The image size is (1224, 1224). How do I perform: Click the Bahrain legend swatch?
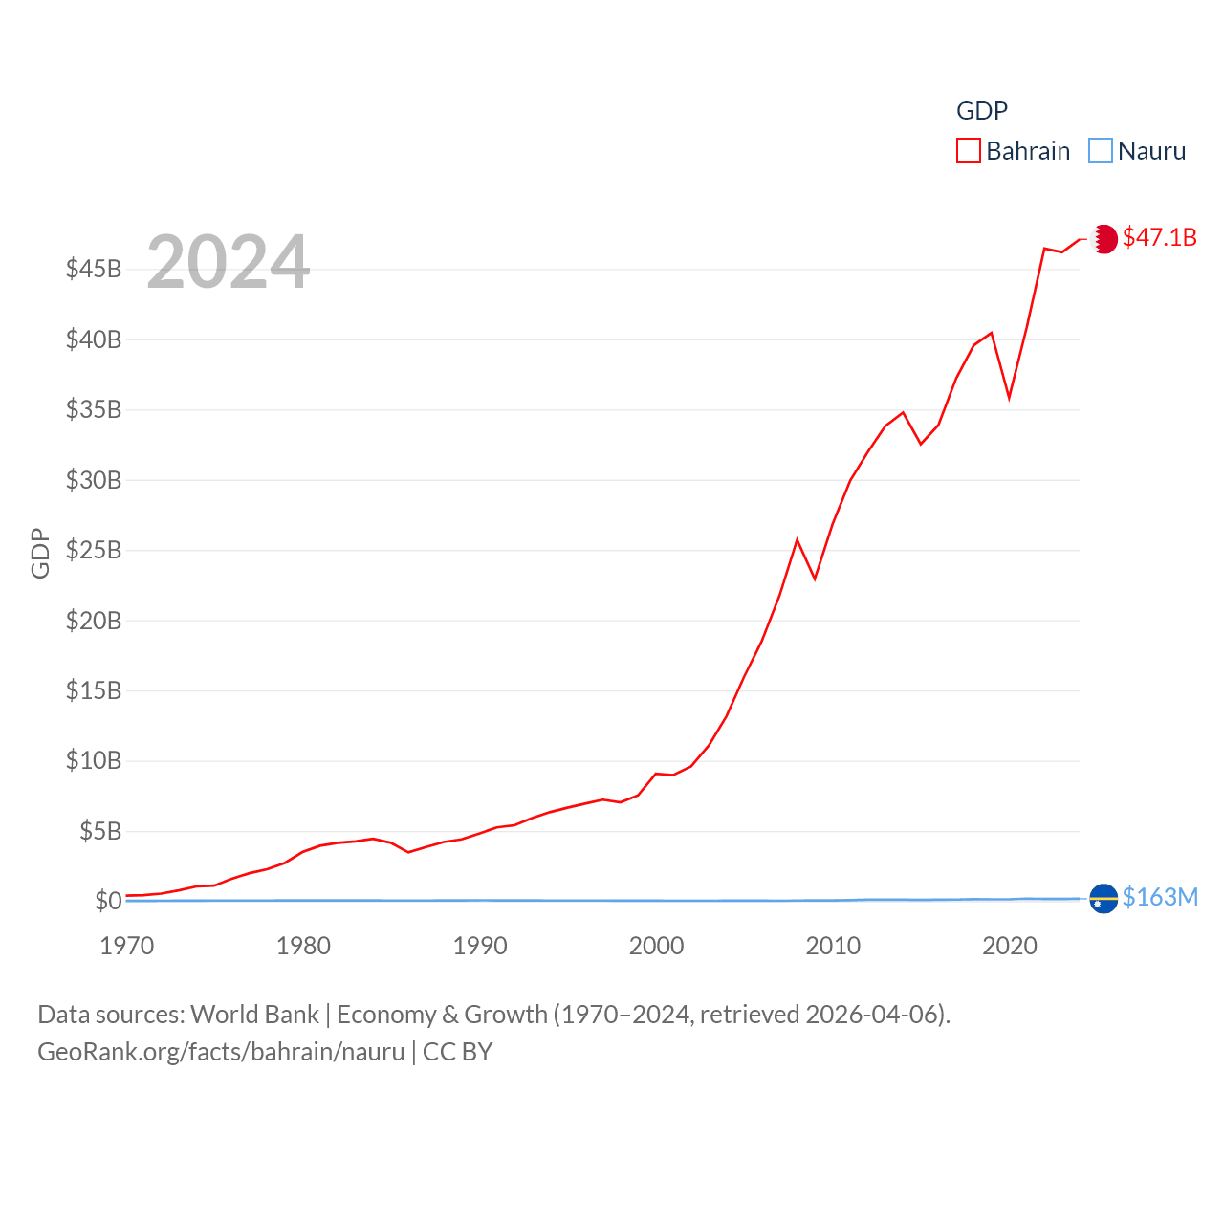click(x=969, y=151)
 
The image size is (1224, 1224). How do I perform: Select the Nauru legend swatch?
click(x=1101, y=151)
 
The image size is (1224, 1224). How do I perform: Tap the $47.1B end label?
click(x=1159, y=237)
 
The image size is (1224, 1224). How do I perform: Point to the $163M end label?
click(x=1160, y=897)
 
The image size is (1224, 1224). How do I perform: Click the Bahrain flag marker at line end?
click(x=1104, y=238)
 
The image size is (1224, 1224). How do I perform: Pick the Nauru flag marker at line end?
click(x=1104, y=899)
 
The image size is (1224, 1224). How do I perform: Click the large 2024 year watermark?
click(x=228, y=261)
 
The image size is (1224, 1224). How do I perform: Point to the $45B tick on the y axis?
click(x=94, y=269)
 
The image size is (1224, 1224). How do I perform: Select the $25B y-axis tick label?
click(x=94, y=550)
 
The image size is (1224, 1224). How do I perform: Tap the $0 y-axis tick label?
click(x=108, y=901)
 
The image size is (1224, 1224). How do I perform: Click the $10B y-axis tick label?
click(x=94, y=761)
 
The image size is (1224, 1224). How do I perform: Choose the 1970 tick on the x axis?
click(x=127, y=946)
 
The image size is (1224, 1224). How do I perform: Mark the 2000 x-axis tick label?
click(x=657, y=946)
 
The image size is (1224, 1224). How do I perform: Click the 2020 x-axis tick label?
click(x=1010, y=946)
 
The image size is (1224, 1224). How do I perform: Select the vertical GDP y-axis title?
click(x=40, y=553)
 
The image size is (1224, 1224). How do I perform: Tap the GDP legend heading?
click(x=982, y=111)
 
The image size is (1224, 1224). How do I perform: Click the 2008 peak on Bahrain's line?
click(x=797, y=540)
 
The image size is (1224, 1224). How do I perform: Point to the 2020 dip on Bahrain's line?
click(x=1009, y=397)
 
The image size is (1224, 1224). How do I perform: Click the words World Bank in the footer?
click(x=254, y=1014)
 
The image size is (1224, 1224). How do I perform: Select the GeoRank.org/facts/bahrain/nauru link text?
click(x=221, y=1052)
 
